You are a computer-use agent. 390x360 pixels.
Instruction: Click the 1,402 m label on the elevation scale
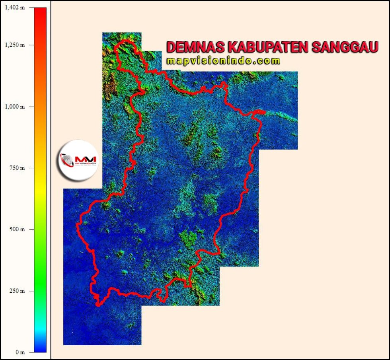pos(14,8)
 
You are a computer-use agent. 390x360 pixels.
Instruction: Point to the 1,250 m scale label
pos(14,45)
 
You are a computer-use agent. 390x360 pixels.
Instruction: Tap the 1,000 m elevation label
pos(14,107)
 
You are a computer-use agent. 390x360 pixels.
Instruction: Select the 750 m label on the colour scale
pos(17,168)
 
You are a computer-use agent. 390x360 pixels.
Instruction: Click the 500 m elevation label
pos(17,230)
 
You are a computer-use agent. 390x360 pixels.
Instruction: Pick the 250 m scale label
pos(17,291)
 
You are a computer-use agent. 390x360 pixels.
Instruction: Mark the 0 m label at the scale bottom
pos(20,352)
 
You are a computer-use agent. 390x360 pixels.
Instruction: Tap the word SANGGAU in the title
pos(345,47)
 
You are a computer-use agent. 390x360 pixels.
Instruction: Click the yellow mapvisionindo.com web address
pos(224,60)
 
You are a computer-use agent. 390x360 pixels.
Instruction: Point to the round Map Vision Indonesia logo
pos(80,160)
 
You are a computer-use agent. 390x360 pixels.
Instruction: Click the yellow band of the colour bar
pos(40,193)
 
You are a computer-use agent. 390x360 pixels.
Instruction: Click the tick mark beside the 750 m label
pos(31,168)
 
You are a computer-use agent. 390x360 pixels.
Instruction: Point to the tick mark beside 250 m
pos(31,291)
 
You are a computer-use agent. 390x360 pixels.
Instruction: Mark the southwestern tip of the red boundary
pos(98,304)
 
